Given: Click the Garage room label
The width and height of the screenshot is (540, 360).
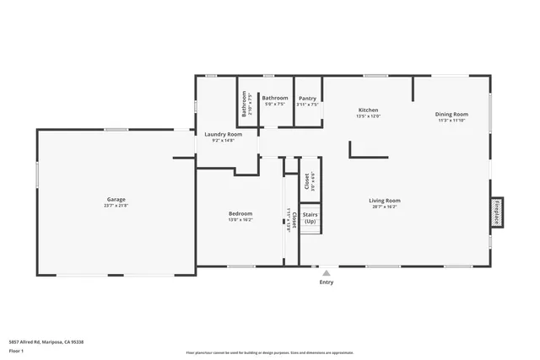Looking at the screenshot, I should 116,199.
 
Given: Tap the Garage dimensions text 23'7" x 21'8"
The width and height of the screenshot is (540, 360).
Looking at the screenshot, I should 116,207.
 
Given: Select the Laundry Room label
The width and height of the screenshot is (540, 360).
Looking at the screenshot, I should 224,134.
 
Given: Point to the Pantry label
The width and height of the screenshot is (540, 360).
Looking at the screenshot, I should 307,98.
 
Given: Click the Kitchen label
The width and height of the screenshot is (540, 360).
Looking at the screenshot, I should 368,110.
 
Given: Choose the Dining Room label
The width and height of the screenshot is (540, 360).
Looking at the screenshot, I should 451,114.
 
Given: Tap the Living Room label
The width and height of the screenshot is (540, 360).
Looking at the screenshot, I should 384,200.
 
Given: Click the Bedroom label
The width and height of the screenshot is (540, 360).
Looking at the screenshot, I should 240,213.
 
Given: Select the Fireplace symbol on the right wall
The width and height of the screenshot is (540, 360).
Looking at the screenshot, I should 497,212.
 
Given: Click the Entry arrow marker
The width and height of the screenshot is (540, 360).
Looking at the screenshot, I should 326,272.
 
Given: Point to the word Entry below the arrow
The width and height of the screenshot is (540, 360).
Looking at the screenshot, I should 326,282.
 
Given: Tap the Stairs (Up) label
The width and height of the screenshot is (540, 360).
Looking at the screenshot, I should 310,218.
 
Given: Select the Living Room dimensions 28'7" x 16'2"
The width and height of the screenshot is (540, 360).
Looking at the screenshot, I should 384,207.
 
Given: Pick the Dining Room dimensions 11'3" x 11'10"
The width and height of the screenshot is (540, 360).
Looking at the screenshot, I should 451,121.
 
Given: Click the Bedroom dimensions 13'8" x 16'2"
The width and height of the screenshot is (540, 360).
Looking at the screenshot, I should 240,221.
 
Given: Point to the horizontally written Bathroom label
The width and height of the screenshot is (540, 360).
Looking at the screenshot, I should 275,98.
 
